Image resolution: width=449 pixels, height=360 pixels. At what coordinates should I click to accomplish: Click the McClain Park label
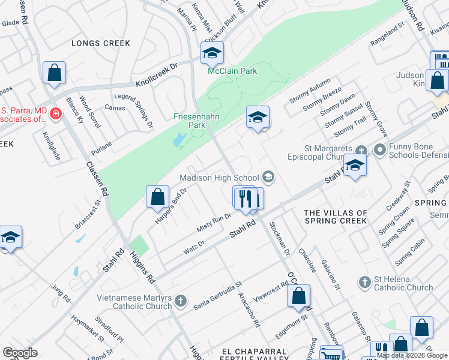pyautogui.click(x=232, y=71)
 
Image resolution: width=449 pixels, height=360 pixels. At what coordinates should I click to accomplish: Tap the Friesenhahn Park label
pyautogui.click(x=190, y=121)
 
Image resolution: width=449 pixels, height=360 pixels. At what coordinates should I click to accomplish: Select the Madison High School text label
pyautogui.click(x=220, y=177)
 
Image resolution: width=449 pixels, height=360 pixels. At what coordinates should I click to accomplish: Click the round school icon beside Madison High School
pyautogui.click(x=268, y=176)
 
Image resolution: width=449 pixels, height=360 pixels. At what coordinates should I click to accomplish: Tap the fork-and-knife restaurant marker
pyautogui.click(x=245, y=198)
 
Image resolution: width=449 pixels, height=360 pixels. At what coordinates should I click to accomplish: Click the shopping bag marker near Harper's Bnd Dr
pyautogui.click(x=157, y=197)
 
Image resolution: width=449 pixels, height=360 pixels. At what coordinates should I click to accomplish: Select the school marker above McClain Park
pyautogui.click(x=212, y=54)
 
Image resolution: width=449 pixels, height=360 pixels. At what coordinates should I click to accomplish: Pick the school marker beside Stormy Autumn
pyautogui.click(x=258, y=118)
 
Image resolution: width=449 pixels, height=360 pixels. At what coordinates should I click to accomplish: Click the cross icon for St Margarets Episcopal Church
pyautogui.click(x=361, y=149)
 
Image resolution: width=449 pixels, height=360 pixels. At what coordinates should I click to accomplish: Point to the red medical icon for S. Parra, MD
pyautogui.click(x=55, y=113)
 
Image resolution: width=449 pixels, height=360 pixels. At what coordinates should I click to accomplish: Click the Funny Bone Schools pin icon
pyautogui.click(x=379, y=149)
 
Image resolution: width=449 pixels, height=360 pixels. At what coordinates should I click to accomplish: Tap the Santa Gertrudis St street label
pyautogui.click(x=217, y=296)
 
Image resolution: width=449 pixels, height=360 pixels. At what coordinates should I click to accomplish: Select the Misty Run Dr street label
pyautogui.click(x=214, y=223)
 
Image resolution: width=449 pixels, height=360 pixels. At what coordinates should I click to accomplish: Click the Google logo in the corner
pyautogui.click(x=20, y=353)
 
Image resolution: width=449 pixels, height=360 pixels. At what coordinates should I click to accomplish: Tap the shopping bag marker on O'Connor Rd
pyautogui.click(x=299, y=296)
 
